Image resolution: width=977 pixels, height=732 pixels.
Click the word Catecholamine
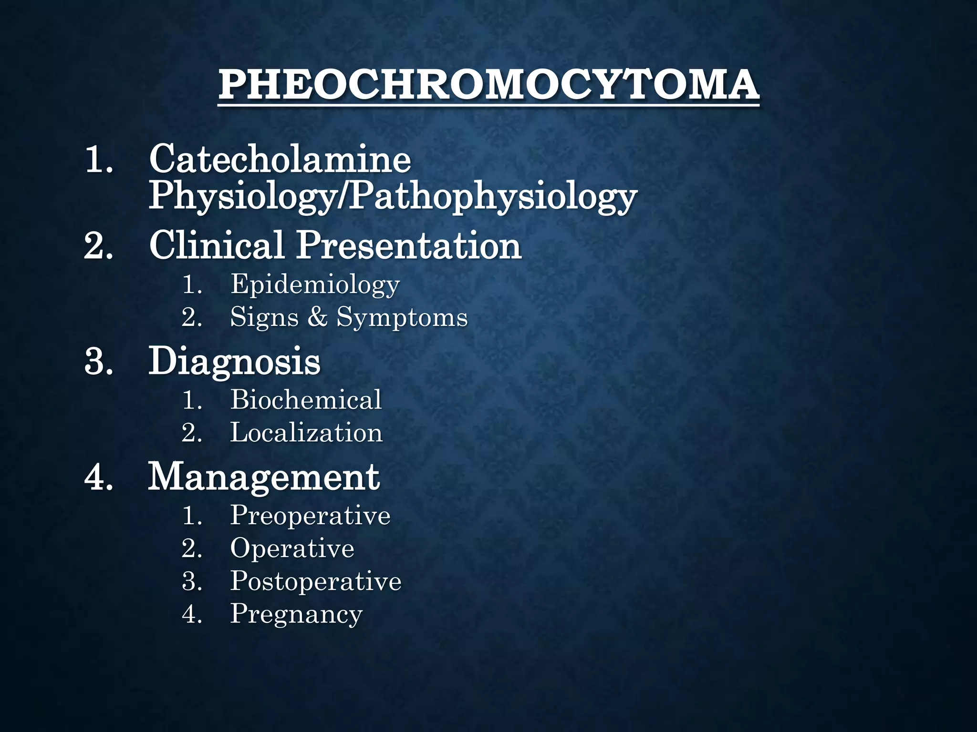point(280,159)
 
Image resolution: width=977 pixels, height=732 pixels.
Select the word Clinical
point(217,245)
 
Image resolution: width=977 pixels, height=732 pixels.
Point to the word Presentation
point(409,245)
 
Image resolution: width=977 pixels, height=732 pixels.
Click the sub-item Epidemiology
point(315,285)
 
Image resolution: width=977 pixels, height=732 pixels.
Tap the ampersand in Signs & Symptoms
point(317,317)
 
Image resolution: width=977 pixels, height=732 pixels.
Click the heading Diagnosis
point(234,362)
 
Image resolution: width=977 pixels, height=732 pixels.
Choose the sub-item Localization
point(306,433)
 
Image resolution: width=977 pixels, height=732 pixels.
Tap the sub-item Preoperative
point(310,515)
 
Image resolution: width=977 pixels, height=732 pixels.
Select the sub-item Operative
point(292,548)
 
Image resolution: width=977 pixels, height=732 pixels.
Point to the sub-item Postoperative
point(316,581)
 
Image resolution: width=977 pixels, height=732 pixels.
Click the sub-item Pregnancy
point(296,614)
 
